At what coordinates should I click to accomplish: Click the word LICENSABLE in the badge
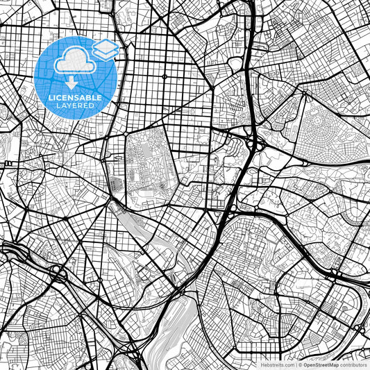tap(75, 99)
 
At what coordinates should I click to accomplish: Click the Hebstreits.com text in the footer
tap(277, 364)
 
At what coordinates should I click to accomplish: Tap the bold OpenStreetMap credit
tap(319, 364)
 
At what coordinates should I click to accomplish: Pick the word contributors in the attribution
tap(353, 364)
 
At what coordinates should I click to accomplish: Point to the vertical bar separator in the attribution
tap(294, 364)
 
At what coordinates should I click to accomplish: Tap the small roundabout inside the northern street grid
tap(165, 75)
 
